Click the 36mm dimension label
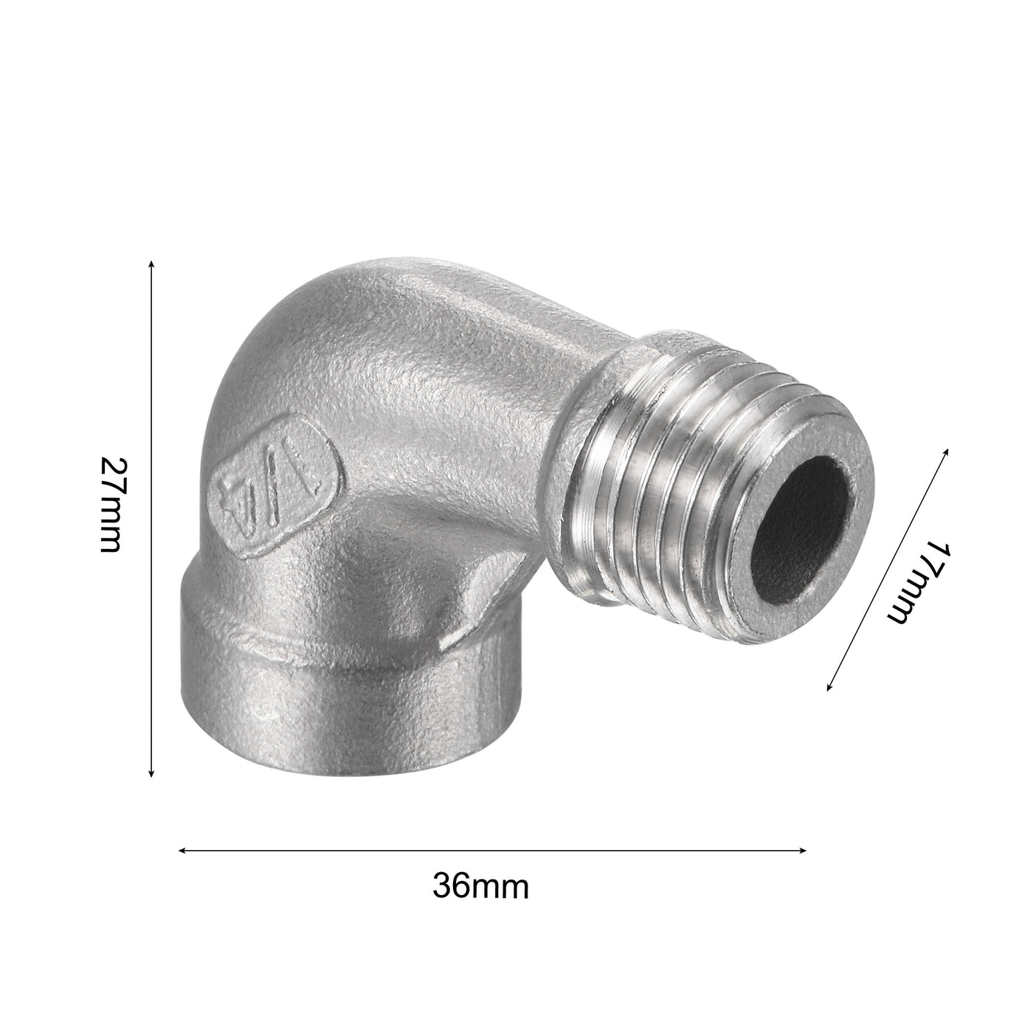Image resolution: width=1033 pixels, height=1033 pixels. point(480,885)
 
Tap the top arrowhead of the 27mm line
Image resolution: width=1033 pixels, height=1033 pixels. point(151,263)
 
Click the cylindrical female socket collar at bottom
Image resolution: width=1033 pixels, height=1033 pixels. point(310,694)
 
